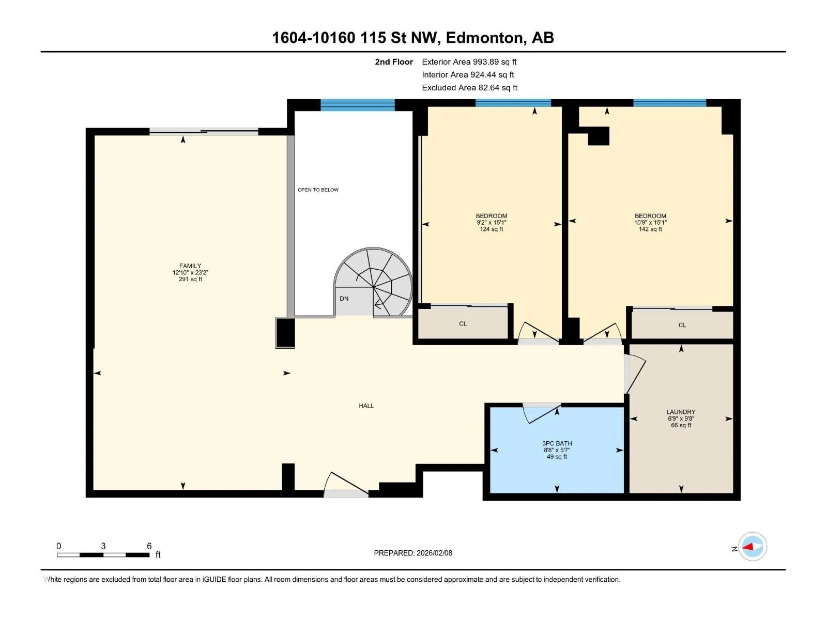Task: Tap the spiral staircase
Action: coord(373,282)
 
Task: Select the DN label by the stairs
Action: coord(344,299)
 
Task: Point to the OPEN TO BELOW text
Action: coord(318,190)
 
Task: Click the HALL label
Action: coord(366,406)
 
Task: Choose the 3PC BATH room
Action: coord(557,450)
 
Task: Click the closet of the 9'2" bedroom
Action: coord(463,323)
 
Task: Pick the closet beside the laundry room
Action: coord(682,324)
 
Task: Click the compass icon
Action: coord(753,547)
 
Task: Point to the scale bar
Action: coord(103,554)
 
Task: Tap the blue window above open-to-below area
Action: coord(358,105)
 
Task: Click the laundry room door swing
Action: coord(635,374)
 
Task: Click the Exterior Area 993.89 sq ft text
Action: coord(469,62)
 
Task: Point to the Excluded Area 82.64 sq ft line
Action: coord(469,88)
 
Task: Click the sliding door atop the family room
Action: coord(204,132)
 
